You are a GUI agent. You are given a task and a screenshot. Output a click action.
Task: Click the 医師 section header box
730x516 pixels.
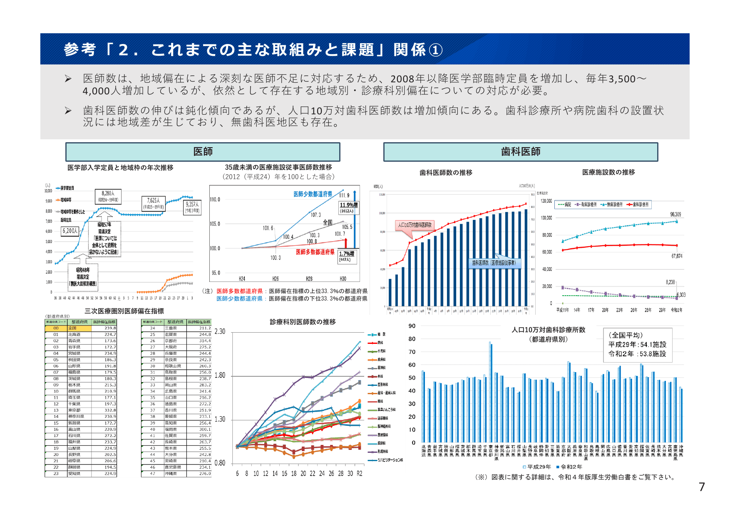[203, 152]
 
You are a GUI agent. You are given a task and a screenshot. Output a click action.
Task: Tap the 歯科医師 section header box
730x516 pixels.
[520, 152]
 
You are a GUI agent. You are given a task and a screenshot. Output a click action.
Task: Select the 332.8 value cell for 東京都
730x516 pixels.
[104, 410]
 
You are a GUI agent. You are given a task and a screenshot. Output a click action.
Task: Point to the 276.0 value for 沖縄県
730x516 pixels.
[199, 474]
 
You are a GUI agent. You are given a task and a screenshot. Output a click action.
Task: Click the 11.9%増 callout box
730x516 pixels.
[348, 207]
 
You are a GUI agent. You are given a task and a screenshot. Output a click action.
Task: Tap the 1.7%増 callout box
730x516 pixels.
[347, 256]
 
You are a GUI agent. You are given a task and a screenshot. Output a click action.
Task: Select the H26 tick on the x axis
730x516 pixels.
[276, 279]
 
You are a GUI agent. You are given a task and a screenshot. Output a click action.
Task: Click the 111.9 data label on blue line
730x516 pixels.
[344, 195]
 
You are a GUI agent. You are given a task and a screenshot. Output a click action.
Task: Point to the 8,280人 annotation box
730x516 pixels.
[108, 196]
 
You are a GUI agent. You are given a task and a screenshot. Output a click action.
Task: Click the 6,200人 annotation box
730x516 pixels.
[70, 231]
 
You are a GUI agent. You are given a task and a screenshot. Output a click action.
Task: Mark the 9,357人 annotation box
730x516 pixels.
[192, 207]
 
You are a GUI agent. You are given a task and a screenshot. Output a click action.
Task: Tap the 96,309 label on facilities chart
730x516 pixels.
[675, 215]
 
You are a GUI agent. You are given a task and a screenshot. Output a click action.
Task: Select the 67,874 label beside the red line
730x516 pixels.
[677, 256]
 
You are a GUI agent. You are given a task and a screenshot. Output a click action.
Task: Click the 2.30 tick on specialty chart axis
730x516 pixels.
[220, 331]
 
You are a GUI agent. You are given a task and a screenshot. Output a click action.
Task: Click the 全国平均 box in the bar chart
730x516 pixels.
[637, 345]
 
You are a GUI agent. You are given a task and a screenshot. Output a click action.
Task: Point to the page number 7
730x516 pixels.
[702, 487]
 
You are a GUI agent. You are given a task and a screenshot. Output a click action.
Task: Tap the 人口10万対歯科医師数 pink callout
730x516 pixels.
[415, 225]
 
